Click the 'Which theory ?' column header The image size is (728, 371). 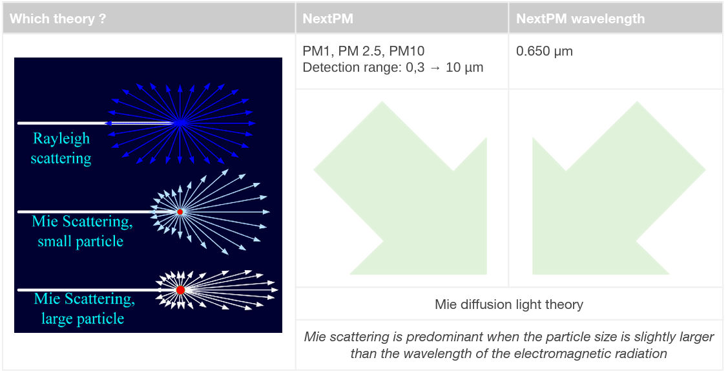tap(57, 19)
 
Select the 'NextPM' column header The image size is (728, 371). tap(328, 19)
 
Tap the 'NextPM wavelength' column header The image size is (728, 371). tap(580, 19)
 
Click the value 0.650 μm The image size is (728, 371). tap(544, 51)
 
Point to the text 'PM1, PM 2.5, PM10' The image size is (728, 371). tap(364, 51)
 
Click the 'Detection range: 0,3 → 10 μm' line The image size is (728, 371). tap(393, 68)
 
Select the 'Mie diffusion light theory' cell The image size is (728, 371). tap(509, 304)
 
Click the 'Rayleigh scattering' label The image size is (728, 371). tap(61, 148)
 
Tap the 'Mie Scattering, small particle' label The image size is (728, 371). tap(81, 231)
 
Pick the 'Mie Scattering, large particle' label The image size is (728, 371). tap(83, 309)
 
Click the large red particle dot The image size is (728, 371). tap(181, 290)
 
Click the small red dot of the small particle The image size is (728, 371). tap(180, 212)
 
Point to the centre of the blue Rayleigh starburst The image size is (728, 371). tap(180, 123)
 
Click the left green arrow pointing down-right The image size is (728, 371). tap(400, 187)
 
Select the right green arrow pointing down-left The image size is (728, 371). tap(619, 187)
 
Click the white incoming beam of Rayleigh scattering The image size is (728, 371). tap(62, 123)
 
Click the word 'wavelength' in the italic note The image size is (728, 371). tap(442, 354)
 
